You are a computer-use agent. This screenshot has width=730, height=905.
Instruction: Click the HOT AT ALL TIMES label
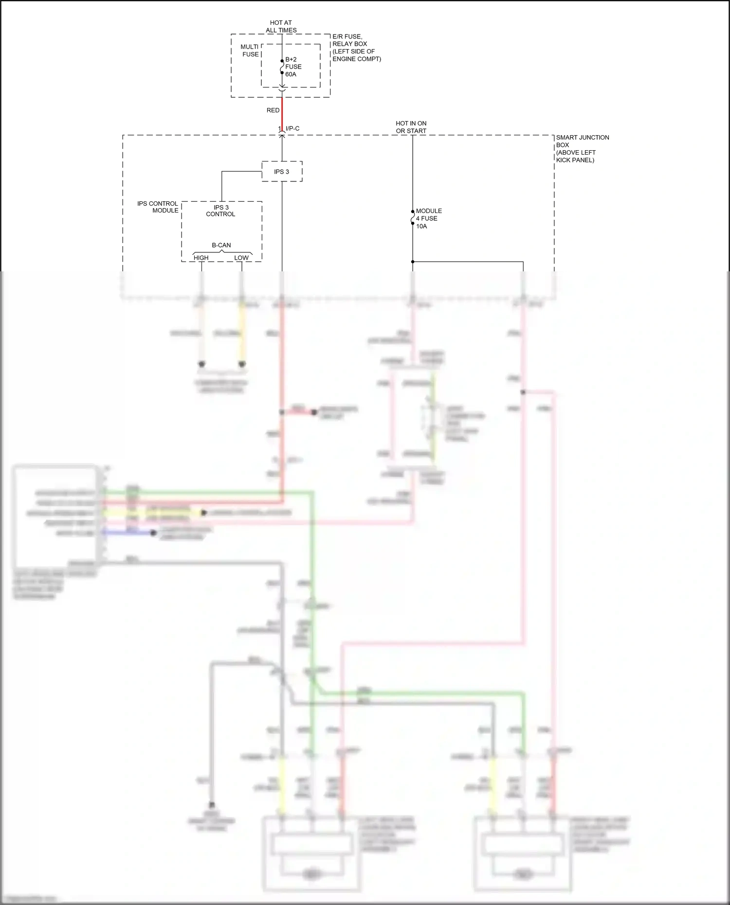click(x=281, y=26)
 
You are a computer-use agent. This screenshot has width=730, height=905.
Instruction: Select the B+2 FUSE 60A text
click(x=293, y=67)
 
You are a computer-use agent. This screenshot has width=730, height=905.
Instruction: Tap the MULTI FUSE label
click(x=250, y=51)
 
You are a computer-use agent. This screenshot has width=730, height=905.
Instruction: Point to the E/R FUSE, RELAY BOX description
click(x=356, y=48)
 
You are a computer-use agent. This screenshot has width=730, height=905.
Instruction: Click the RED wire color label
click(x=273, y=110)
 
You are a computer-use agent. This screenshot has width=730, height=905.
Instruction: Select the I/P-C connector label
click(x=292, y=128)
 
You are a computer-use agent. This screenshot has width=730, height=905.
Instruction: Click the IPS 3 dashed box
click(x=282, y=172)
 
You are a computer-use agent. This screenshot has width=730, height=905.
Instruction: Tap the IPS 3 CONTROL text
click(x=220, y=211)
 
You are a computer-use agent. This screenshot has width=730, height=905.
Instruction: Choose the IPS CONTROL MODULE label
click(x=158, y=207)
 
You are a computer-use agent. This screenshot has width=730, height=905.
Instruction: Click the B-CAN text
click(x=221, y=245)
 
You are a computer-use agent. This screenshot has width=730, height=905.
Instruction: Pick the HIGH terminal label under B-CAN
click(x=201, y=258)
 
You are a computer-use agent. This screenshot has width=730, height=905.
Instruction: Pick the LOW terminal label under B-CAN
click(x=241, y=258)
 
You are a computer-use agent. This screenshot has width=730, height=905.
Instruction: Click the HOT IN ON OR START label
click(x=411, y=127)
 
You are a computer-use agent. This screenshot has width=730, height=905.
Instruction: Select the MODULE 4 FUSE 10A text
click(x=428, y=218)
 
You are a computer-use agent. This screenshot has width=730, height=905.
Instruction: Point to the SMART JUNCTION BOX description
click(x=582, y=148)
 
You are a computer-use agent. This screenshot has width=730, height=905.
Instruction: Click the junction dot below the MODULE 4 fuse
click(x=413, y=262)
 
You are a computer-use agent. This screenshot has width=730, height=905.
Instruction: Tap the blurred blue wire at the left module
click(x=129, y=533)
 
